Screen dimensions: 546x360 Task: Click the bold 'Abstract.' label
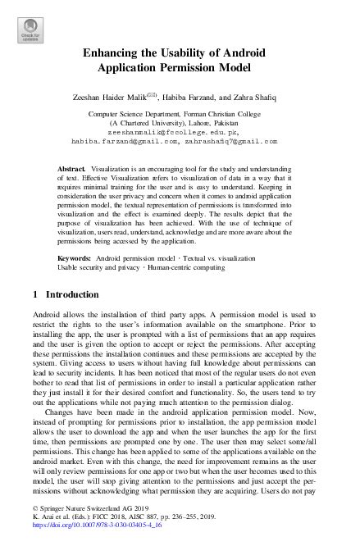pos(72,167)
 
